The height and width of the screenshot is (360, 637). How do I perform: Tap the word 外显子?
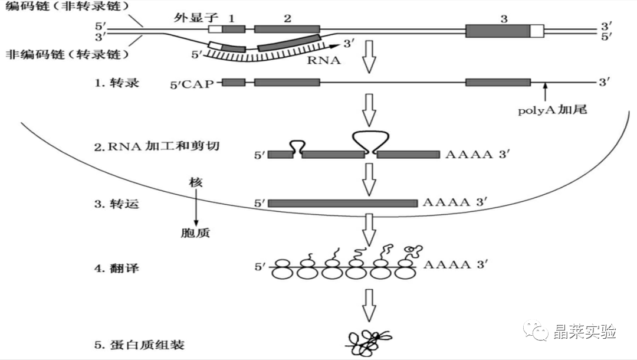pos(191,18)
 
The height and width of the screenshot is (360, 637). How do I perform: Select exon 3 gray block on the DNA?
pos(497,31)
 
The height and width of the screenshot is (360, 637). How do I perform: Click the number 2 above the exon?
pos(287,18)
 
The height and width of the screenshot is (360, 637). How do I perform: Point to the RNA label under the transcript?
pos(324,59)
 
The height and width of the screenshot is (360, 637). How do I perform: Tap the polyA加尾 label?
pos(552,109)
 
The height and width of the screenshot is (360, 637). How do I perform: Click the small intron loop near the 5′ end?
pos(298,147)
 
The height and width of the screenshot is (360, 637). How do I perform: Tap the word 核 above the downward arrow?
pos(196,184)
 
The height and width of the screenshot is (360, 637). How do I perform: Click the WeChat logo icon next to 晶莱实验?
pos(537,331)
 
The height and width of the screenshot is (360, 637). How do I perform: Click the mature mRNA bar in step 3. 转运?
pos(343,203)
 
